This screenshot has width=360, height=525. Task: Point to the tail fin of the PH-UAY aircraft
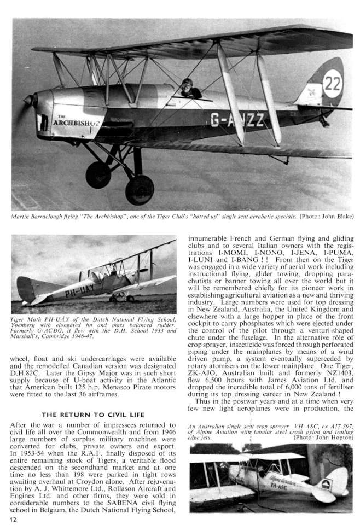25,287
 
